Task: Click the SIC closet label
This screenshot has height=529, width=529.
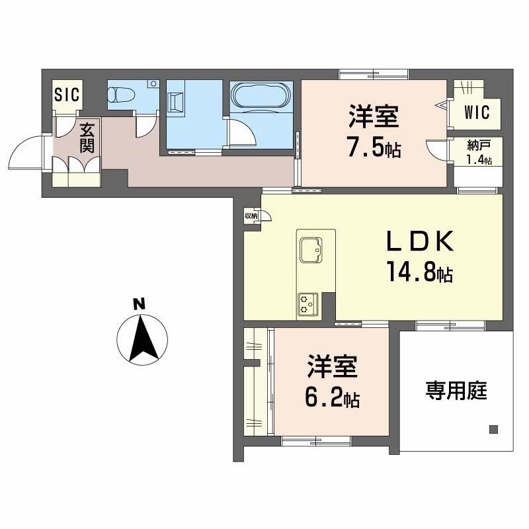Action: tap(67, 95)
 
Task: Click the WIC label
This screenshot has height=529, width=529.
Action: tap(477, 112)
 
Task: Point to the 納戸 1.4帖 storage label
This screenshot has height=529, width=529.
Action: tap(477, 154)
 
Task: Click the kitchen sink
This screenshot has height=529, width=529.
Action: tap(309, 249)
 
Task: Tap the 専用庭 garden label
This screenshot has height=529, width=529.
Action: tap(456, 391)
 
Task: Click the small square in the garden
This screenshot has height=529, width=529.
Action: tap(493, 428)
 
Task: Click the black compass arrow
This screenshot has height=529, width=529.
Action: tap(141, 339)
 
